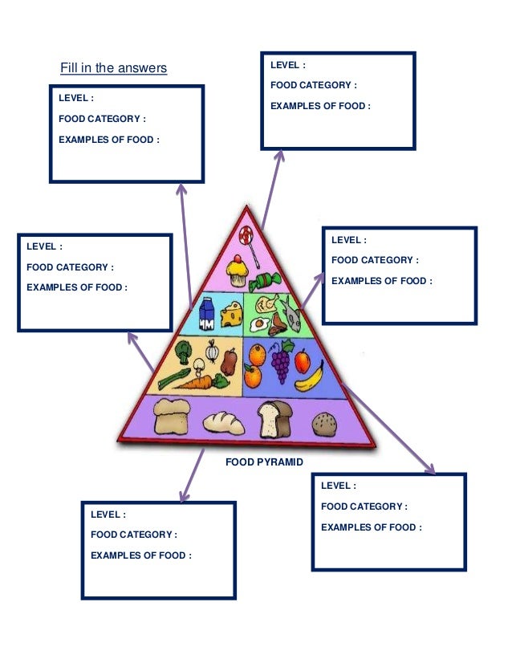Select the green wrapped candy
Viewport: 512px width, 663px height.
click(x=264, y=282)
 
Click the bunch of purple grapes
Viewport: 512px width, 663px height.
click(x=280, y=363)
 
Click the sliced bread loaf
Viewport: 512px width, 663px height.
click(x=273, y=417)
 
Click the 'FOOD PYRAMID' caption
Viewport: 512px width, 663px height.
click(x=264, y=462)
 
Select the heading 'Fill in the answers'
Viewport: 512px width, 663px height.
click(x=113, y=68)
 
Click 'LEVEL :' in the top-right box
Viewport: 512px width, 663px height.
click(x=287, y=65)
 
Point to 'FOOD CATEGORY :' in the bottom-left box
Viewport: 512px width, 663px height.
click(x=133, y=535)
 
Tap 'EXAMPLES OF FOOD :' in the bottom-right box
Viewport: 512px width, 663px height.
click(x=371, y=527)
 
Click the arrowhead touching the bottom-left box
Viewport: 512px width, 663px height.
click(x=184, y=497)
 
